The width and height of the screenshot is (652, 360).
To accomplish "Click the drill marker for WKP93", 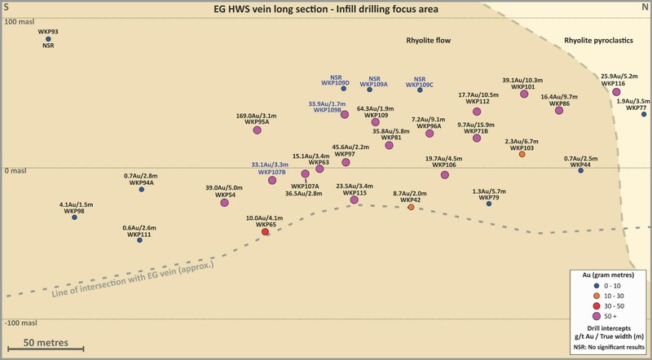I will tap(48, 38).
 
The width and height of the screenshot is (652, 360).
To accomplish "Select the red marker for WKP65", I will tap(265, 232).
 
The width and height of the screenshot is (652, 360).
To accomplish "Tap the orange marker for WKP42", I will tap(411, 208).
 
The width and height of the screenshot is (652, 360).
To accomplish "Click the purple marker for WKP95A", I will tap(257, 130).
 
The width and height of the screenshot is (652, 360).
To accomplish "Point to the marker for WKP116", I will tap(617, 92).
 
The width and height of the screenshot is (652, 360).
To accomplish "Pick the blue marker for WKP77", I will tap(644, 114).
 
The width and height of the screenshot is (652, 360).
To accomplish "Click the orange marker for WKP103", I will tap(522, 155).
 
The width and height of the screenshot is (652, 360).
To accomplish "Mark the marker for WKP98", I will tap(74, 217).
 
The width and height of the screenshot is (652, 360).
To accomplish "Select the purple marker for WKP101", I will tap(524, 94).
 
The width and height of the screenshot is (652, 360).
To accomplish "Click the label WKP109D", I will tap(335, 83).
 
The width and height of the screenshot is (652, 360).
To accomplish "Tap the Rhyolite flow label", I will tap(429, 40).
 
